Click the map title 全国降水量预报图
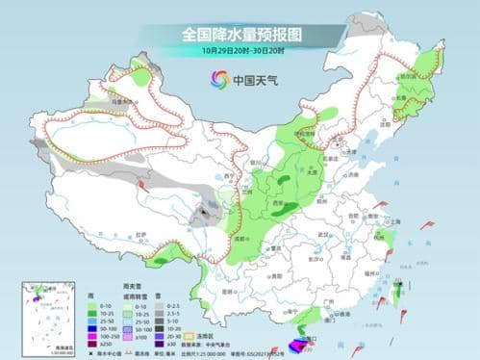coord(240,34)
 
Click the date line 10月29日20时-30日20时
coord(240,50)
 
